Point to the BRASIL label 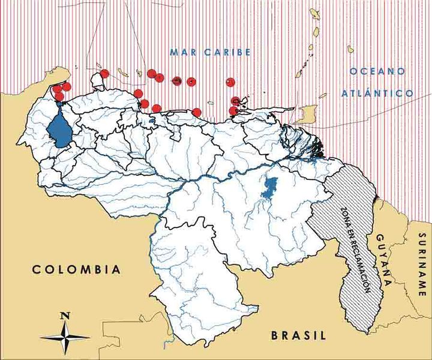298,335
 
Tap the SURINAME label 422,265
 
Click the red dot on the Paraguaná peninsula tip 104,74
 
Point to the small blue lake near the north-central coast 152,119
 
